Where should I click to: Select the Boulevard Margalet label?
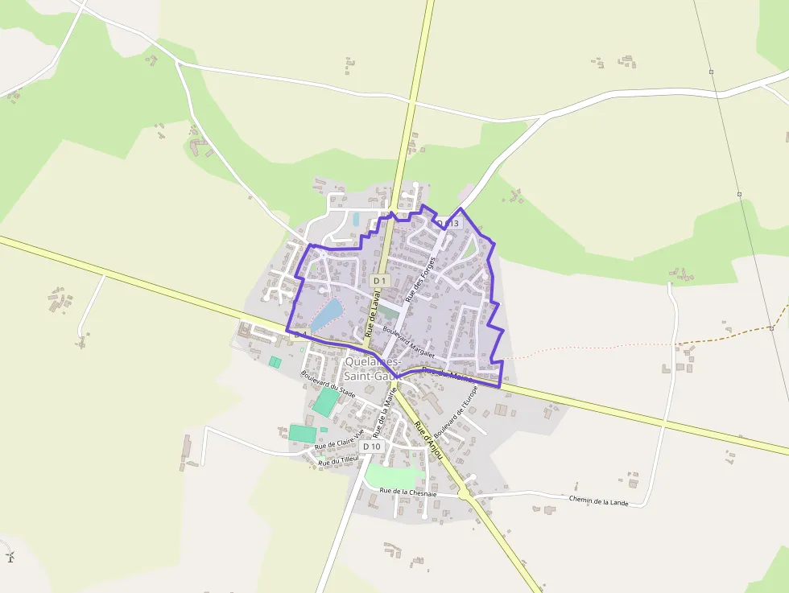pyautogui.click(x=409, y=342)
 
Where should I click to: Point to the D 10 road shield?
pyautogui.click(x=371, y=446)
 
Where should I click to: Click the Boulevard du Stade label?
pyautogui.click(x=328, y=384)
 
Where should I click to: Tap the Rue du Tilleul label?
pyautogui.click(x=338, y=461)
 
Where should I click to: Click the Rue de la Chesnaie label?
pyautogui.click(x=407, y=491)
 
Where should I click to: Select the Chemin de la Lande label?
pyautogui.click(x=597, y=500)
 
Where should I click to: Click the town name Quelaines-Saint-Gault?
pyautogui.click(x=372, y=369)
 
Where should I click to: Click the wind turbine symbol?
pyautogui.click(x=10, y=555)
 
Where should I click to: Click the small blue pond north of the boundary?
pyautogui.click(x=356, y=219)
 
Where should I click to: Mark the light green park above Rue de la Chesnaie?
pyautogui.click(x=390, y=476)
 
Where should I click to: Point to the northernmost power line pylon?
pyautogui.click(x=712, y=72)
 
